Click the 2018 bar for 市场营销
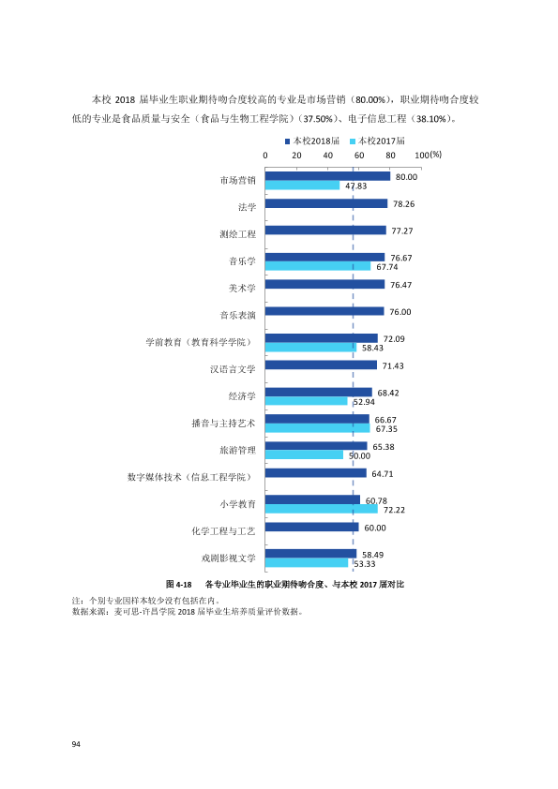pos(327,176)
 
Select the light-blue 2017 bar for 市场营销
pos(303,186)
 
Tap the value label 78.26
pos(404,203)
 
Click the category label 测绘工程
pos(237,234)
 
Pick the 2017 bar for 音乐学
pos(318,266)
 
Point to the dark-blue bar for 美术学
pos(324,284)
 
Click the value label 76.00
pos(400,312)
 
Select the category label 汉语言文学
pos(233,369)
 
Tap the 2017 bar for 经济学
pos(307,401)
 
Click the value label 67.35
pos(386,429)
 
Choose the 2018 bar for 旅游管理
pos(316,446)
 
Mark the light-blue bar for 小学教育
pos(322,509)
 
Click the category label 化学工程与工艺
pos(223,531)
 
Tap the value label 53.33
pos(365,564)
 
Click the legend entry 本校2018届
pos(312,141)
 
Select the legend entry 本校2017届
pos(377,141)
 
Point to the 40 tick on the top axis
pos(328,156)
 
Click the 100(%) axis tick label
pos(428,155)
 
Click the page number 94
pos(76,744)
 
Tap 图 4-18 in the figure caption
pos(179,585)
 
